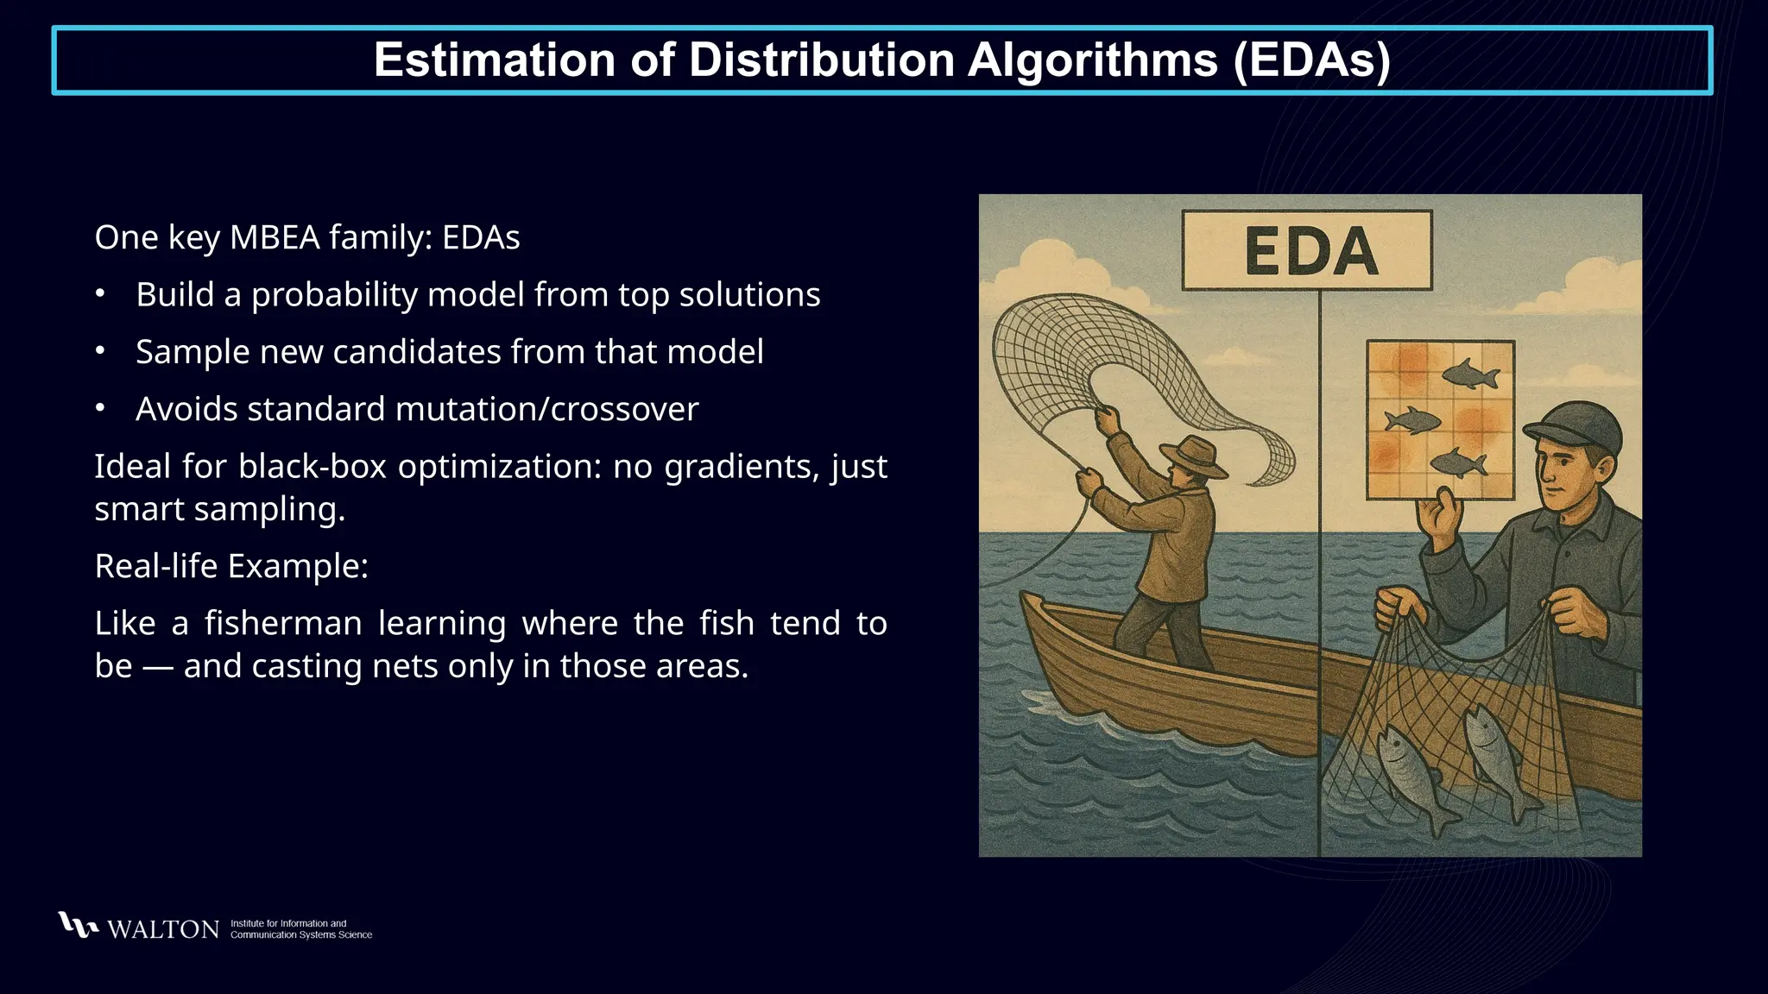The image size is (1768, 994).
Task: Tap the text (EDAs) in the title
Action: click(1311, 60)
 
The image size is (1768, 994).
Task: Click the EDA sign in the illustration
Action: click(1306, 251)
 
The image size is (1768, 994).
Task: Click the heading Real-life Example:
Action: click(231, 566)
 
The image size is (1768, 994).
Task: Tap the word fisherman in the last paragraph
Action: click(283, 623)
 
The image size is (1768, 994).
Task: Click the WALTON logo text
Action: click(163, 929)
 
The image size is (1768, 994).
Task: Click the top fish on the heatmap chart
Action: click(1469, 374)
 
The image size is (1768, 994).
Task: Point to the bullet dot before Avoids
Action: click(100, 408)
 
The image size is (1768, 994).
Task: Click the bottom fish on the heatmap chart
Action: click(1459, 463)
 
